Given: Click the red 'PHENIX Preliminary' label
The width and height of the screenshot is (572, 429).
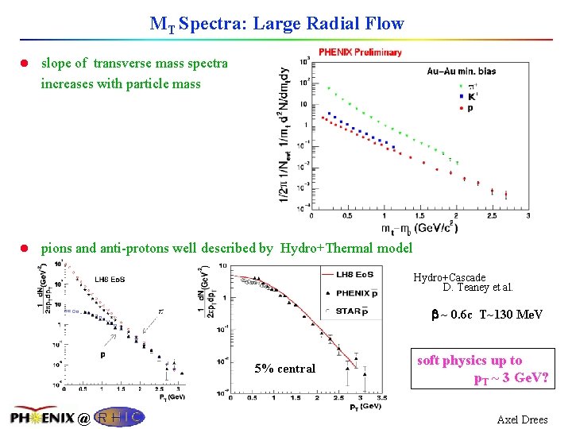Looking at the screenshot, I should (360, 52).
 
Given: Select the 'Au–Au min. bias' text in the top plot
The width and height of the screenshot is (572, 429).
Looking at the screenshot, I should (461, 71).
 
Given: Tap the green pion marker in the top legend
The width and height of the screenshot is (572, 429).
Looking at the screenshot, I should (462, 86).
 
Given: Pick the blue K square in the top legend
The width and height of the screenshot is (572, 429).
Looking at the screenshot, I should (462, 97).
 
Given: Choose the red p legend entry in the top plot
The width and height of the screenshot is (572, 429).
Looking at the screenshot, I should (462, 107).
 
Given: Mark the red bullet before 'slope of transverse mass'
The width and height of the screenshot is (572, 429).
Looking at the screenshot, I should (28, 63).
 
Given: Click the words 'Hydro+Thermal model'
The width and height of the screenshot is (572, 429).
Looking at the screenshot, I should (346, 249).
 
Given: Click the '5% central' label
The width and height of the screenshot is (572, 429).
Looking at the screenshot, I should (284, 369).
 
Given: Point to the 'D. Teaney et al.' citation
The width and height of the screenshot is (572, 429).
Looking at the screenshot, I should (477, 288).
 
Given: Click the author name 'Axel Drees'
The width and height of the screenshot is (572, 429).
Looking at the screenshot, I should (522, 419).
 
